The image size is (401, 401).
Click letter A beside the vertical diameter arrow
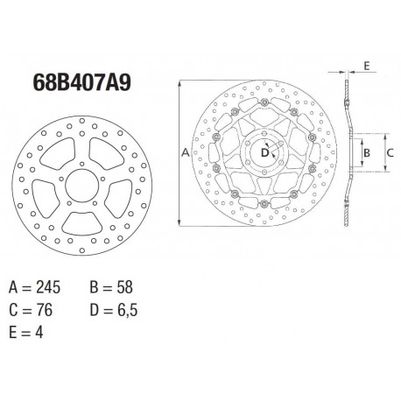(185, 152)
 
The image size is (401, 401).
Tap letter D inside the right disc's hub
(266, 153)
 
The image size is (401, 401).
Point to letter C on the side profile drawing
(390, 153)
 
